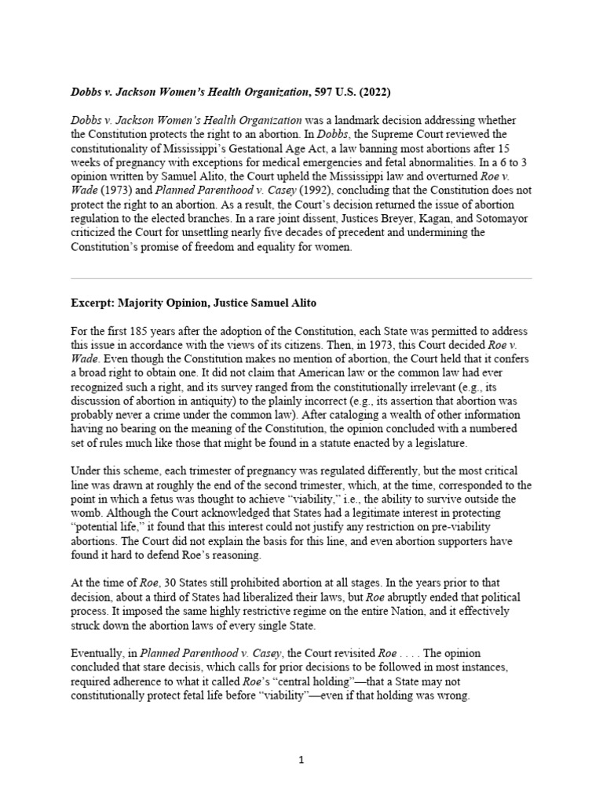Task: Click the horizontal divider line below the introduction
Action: [x=301, y=278]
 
